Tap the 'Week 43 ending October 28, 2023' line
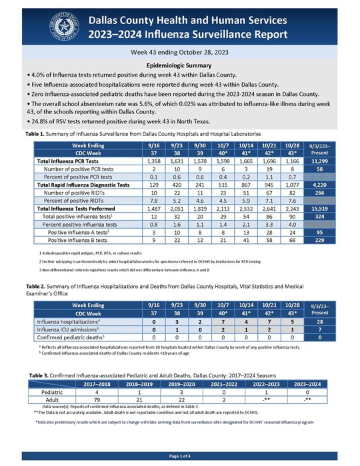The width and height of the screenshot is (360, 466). (180, 51)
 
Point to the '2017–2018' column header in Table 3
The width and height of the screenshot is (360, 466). (97, 384)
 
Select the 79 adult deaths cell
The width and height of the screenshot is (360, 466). (97, 400)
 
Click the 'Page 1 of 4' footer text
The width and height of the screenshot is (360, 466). (180, 455)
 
